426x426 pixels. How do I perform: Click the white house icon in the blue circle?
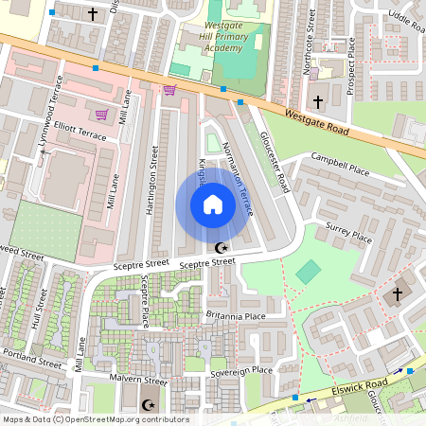point(213,204)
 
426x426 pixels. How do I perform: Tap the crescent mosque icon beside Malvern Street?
point(147,404)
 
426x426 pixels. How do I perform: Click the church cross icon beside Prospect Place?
point(317,100)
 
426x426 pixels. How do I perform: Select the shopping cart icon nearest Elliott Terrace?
point(101,115)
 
